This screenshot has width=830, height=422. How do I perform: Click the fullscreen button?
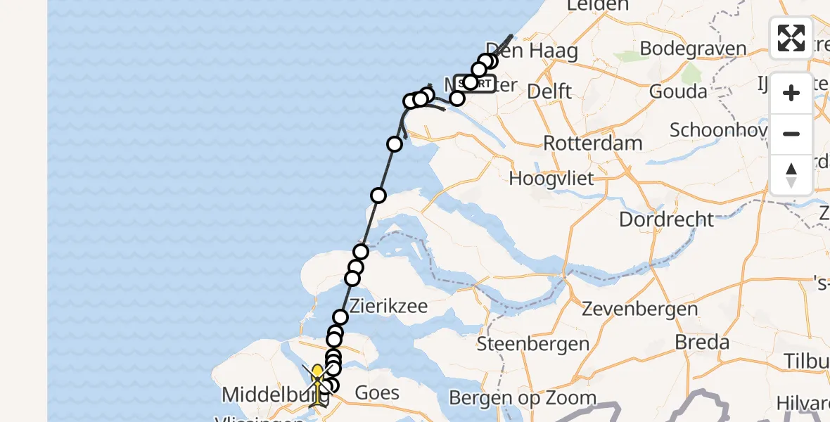[x=791, y=38]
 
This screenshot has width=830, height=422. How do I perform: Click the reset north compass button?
[x=791, y=174]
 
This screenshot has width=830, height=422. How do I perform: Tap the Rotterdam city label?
[x=593, y=143]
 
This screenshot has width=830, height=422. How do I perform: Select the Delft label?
[x=549, y=91]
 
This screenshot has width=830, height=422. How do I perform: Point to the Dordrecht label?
[x=666, y=219]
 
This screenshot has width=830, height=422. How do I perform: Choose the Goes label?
[x=378, y=392]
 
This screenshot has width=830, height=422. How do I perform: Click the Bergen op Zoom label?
[x=523, y=398]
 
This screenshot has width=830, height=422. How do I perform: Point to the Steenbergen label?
[x=533, y=344]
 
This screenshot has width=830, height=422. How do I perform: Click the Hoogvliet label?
[x=551, y=179]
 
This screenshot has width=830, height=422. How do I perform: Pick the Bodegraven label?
[x=693, y=49]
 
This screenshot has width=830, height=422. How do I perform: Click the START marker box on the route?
[x=475, y=84]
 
